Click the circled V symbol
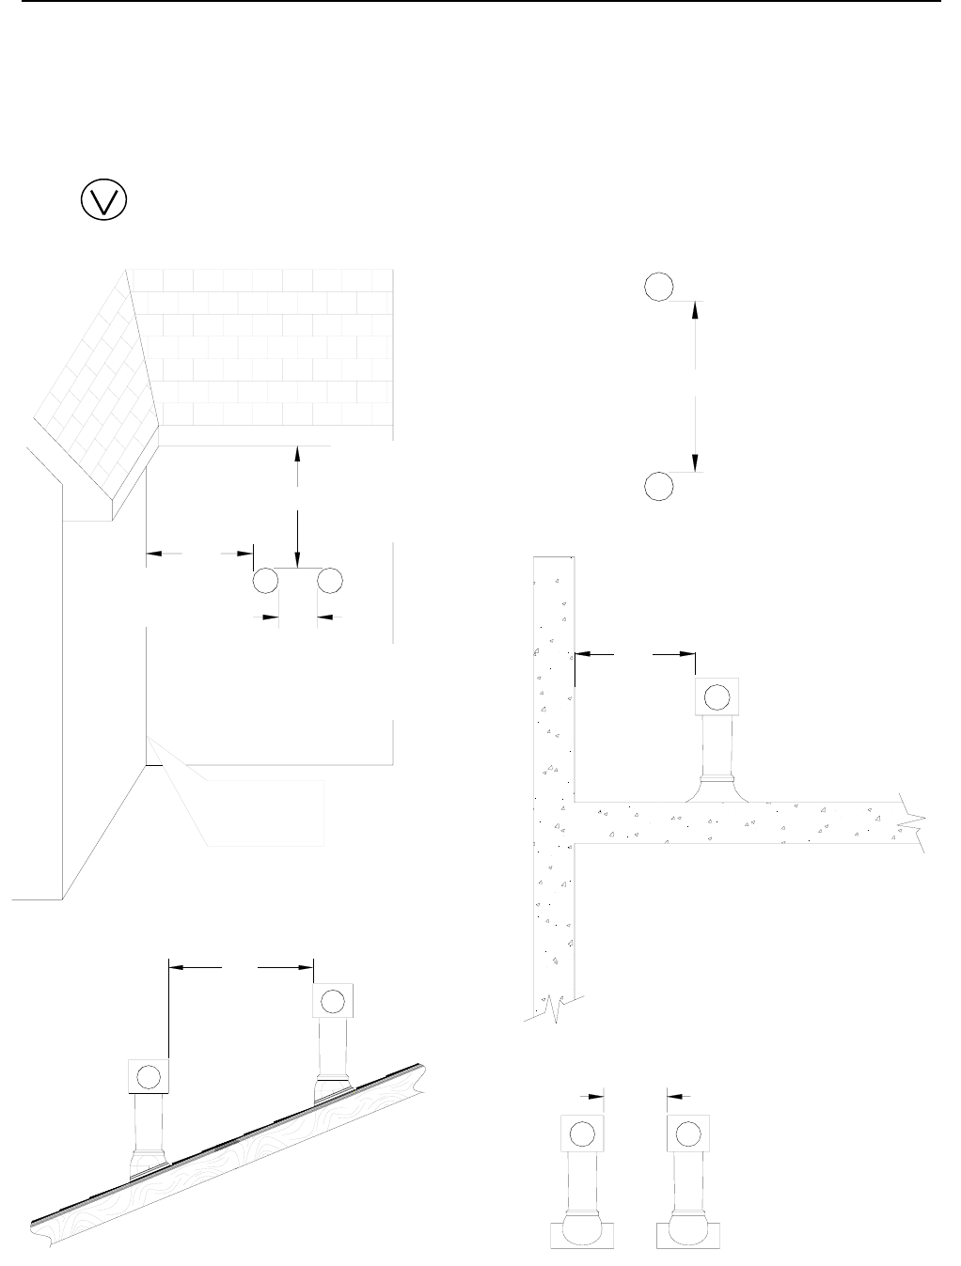tap(104, 199)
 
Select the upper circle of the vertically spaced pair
tap(659, 286)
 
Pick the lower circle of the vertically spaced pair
tap(659, 485)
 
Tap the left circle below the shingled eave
tap(265, 581)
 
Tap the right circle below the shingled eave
tap(329, 581)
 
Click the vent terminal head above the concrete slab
tap(717, 696)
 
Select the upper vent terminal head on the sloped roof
tap(332, 1003)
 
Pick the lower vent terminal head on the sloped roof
tap(148, 1076)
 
